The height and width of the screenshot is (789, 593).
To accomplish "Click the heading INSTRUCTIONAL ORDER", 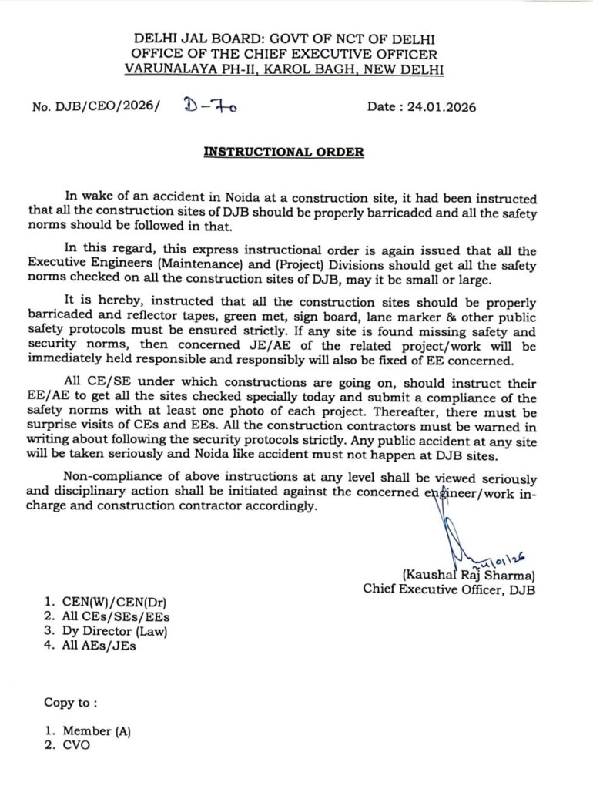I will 283,152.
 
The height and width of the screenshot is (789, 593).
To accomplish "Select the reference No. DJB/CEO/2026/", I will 96,108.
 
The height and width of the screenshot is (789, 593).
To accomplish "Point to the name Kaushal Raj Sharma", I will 468,574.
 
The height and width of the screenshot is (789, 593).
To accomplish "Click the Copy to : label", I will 71,703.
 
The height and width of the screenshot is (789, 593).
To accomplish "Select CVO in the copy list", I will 75,746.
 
